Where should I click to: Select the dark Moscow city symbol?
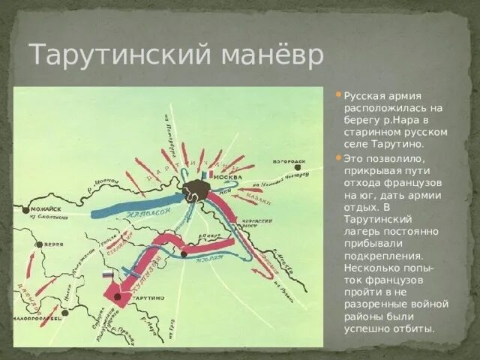(196, 189)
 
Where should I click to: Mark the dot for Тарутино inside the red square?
(118, 296)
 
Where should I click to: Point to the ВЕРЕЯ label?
(52, 244)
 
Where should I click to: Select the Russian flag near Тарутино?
(107, 275)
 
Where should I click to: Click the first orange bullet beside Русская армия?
(339, 94)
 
